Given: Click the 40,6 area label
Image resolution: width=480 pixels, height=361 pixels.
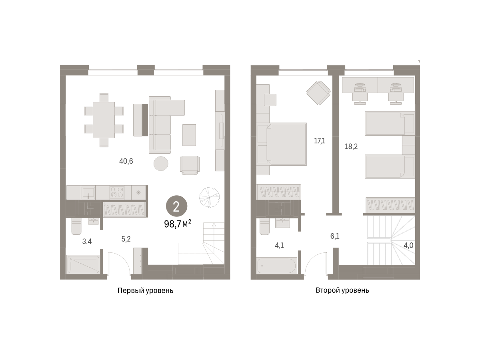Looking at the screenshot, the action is (126, 161).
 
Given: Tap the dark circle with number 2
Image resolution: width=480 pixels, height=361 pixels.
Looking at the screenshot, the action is (176, 206).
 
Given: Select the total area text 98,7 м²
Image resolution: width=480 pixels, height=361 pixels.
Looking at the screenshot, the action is (178, 224).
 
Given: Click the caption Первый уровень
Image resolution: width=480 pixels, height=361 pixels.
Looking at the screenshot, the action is (145, 290).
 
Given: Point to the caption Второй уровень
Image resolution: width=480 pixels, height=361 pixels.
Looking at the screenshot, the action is (342, 290).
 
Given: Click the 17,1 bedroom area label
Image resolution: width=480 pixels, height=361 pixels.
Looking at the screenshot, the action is (320, 141).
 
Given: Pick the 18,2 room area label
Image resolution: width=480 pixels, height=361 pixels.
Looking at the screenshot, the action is (351, 147).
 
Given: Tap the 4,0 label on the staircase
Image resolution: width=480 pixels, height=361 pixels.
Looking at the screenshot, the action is (408, 245).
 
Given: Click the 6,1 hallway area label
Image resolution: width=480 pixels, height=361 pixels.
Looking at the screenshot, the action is (335, 236).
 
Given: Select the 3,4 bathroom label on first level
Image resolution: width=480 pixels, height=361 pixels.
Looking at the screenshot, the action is (87, 241).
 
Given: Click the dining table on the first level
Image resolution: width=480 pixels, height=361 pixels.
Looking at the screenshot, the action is (104, 120).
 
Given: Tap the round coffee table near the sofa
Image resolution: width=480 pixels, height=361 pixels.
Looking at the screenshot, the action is (161, 163).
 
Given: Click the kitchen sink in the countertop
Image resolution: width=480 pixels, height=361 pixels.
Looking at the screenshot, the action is (88, 192).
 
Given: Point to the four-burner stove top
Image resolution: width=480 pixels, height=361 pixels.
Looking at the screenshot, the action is (117, 192).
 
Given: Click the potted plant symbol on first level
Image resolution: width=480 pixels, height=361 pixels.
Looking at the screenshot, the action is (209, 197).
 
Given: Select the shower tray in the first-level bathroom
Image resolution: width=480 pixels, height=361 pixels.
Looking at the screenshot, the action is (83, 264).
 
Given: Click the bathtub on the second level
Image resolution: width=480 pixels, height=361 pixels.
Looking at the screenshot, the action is (277, 266).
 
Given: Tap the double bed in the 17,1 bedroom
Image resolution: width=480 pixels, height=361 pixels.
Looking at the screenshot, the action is (282, 144).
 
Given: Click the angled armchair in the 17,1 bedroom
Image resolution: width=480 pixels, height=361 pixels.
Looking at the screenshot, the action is (318, 93).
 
